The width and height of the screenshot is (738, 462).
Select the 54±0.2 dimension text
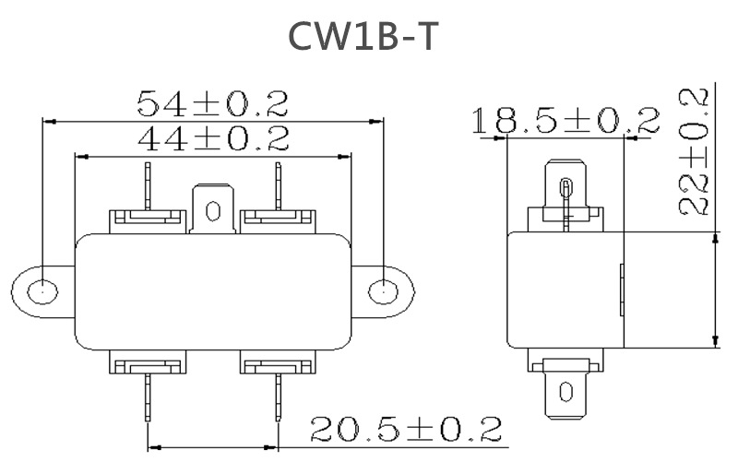[212, 102]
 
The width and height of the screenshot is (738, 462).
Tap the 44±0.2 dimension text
[212, 138]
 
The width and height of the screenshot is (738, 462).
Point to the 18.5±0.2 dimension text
[565, 121]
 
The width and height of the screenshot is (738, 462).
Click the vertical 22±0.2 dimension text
[694, 152]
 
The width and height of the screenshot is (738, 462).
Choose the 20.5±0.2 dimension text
[406, 429]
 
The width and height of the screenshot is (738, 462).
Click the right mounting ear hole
[380, 291]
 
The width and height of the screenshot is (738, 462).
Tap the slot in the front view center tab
[213, 211]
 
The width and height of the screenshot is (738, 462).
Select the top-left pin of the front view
[148, 184]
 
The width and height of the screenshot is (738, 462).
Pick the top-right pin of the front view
[276, 184]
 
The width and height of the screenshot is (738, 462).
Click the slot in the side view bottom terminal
[565, 391]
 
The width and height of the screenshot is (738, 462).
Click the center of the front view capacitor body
[213, 291]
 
